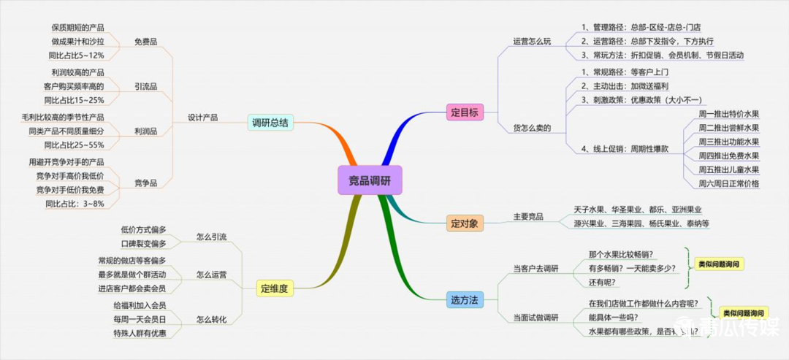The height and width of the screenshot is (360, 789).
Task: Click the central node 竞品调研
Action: tap(370, 180)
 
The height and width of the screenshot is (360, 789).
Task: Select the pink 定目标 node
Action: tap(465, 112)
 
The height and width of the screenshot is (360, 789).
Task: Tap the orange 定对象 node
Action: tap(465, 223)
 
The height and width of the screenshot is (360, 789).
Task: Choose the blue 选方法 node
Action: tap(465, 299)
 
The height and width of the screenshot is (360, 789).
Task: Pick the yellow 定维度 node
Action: tap(275, 288)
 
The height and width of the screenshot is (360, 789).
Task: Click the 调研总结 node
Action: tap(271, 122)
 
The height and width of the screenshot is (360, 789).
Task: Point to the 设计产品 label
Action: tap(203, 118)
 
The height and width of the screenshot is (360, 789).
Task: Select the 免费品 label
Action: tap(146, 42)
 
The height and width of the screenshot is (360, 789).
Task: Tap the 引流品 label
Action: tap(146, 86)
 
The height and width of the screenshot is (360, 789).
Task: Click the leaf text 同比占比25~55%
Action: tap(74, 145)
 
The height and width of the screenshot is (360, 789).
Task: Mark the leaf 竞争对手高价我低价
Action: tap(70, 176)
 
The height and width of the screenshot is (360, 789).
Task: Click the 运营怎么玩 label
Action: tap(532, 42)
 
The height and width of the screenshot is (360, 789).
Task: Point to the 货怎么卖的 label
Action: tap(532, 128)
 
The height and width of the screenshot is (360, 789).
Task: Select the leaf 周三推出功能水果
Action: tap(729, 141)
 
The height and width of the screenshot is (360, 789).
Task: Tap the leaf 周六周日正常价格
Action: tap(729, 183)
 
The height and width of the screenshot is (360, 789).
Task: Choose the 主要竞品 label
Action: tap(528, 217)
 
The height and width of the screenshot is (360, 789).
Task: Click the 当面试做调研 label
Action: tap(536, 318)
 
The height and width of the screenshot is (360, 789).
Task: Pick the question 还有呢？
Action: tap(602, 282)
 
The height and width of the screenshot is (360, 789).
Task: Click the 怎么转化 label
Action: tap(211, 319)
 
